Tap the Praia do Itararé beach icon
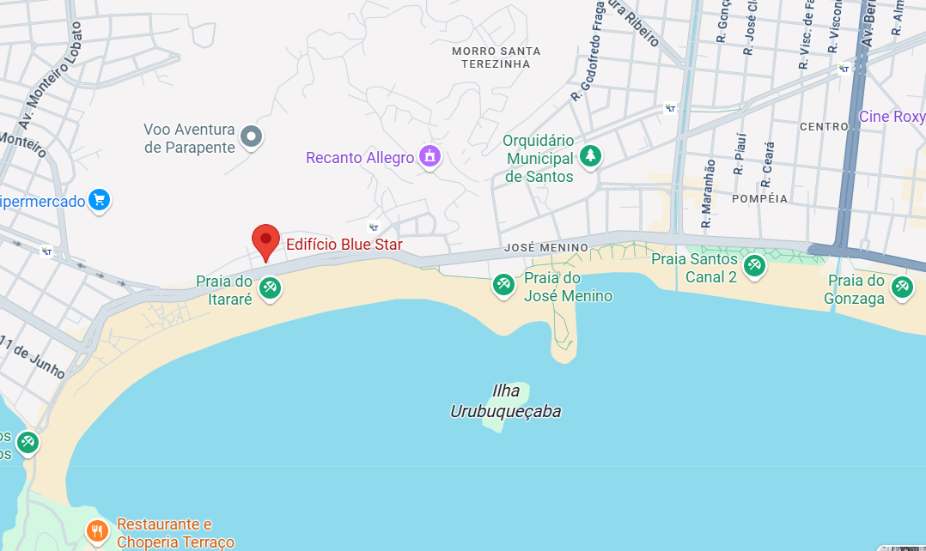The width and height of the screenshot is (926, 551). (271, 288)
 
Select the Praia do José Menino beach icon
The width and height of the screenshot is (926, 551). (503, 285)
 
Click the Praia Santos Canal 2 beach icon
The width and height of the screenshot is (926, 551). (755, 266)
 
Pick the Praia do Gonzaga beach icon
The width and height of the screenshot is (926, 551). (902, 288)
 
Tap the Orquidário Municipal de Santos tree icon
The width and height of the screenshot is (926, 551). (590, 156)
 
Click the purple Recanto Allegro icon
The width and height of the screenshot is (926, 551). (429, 156)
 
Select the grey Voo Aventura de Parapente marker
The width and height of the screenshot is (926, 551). (251, 136)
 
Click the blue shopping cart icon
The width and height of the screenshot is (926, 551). (99, 201)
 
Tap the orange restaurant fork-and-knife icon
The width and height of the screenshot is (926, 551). (97, 532)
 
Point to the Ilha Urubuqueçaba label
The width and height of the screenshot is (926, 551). (505, 401)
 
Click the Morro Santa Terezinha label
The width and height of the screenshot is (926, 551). (497, 58)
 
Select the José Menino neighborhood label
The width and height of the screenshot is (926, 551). (546, 248)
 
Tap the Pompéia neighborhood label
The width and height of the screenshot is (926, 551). (760, 198)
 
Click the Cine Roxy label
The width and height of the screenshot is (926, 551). (892, 117)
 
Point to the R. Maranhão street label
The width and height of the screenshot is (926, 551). (708, 194)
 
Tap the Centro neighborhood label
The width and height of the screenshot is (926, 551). (824, 126)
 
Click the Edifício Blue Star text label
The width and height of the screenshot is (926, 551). (344, 245)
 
